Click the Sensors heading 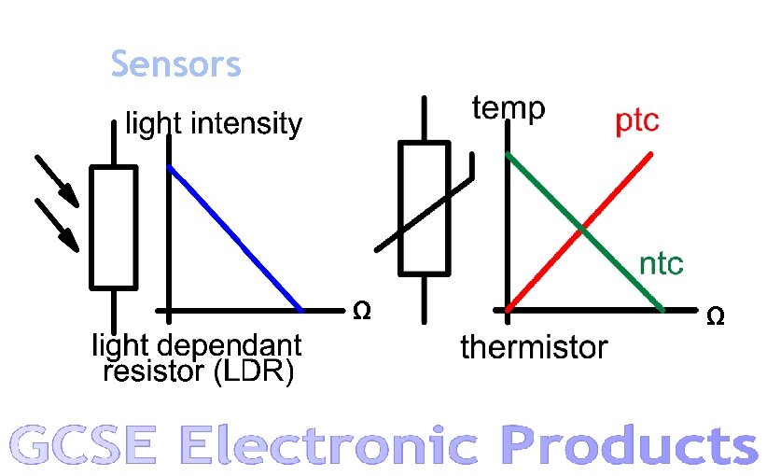tap(175, 65)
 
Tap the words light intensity tap(214, 124)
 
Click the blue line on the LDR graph tap(234, 238)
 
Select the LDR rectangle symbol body tap(114, 227)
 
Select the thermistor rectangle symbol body tap(425, 207)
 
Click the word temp tap(509, 109)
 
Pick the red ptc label tap(636, 120)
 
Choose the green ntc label tap(661, 264)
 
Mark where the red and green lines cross tap(581, 228)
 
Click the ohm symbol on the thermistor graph tap(715, 317)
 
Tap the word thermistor tap(534, 348)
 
